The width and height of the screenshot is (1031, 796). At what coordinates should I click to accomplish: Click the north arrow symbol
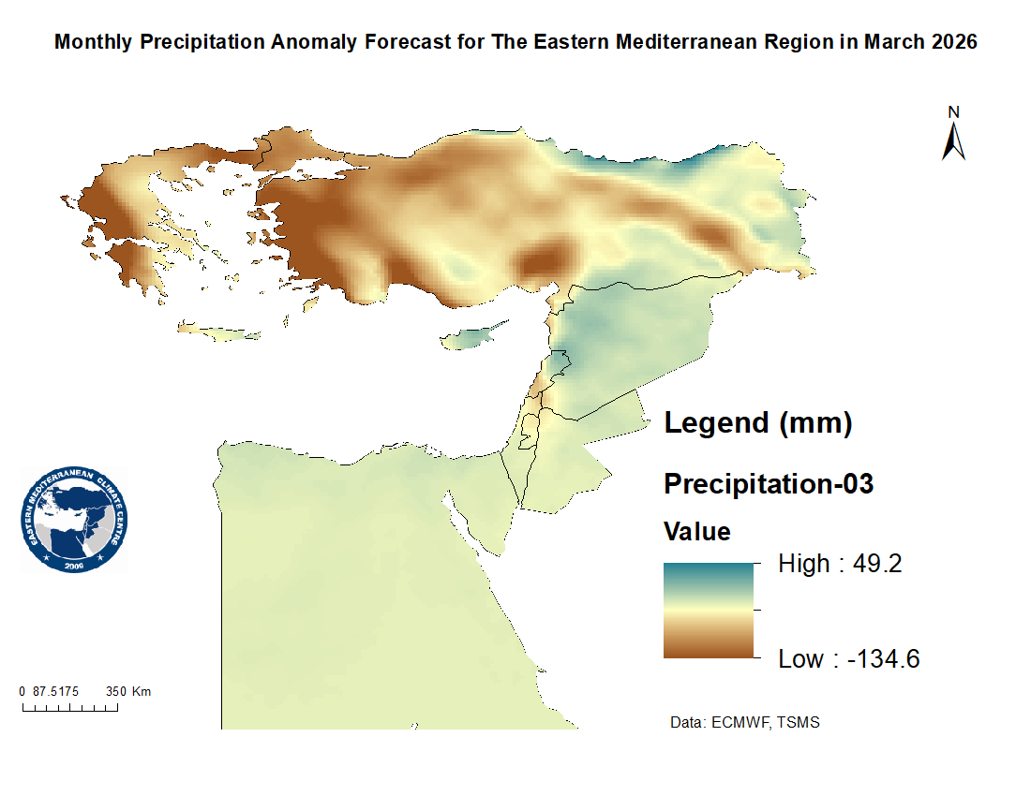coord(954,141)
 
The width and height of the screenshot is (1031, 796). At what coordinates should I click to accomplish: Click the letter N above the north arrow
coord(954,112)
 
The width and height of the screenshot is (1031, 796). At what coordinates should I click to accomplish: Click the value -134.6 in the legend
coord(884,659)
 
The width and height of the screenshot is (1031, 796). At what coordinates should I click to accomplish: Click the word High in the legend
coord(804,564)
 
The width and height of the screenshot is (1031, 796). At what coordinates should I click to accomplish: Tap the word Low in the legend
coord(801,659)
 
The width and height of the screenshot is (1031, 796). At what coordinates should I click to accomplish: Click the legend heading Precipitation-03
coord(769,484)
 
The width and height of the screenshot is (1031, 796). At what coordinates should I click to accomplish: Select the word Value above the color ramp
coord(697,532)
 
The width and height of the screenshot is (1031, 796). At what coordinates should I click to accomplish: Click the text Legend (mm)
coord(757,423)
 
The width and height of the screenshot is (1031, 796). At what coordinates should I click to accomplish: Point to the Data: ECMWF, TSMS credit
coord(745,723)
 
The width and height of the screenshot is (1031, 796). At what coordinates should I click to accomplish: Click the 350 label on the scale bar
coord(115,691)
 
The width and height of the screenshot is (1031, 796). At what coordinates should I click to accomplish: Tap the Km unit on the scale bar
coord(142,691)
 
